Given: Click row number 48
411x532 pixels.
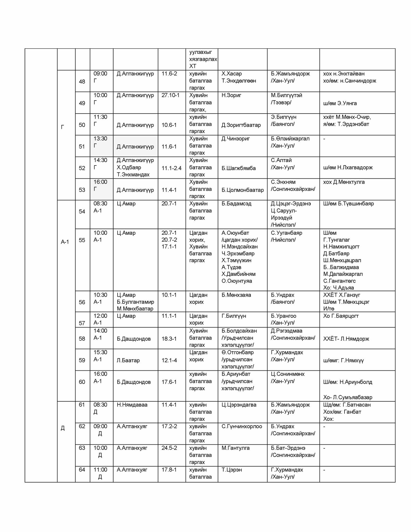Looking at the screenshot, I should tap(82, 82).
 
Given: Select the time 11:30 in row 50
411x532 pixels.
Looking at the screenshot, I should tap(100, 117).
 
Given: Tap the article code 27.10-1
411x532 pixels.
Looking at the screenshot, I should tap(170, 95).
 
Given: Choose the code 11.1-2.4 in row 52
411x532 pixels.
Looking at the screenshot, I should tap(171, 168).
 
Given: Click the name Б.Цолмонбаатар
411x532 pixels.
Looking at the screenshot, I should tap(242, 190).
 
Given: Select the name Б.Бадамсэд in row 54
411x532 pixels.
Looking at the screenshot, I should tap(236, 204).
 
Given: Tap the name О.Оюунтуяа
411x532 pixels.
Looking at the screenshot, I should tap(237, 281).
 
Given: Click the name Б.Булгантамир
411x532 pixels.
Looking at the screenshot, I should tap(135, 302).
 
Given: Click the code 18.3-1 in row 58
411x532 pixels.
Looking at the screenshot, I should tap(169, 339).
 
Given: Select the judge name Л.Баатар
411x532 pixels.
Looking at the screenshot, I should tap(128, 360).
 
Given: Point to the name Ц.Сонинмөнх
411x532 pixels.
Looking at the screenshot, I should tap(287, 374).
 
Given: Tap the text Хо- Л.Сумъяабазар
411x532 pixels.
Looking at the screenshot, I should tap(348, 397).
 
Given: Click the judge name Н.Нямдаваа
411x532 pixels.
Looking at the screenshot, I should tap(132, 405).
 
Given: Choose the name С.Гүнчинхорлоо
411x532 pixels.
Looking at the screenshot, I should tap(242, 426).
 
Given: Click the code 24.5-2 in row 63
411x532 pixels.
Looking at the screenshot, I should tap(169, 448).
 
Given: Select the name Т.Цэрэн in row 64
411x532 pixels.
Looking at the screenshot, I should tap(232, 470).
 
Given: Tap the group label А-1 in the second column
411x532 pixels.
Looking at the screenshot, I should tap(65, 242).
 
